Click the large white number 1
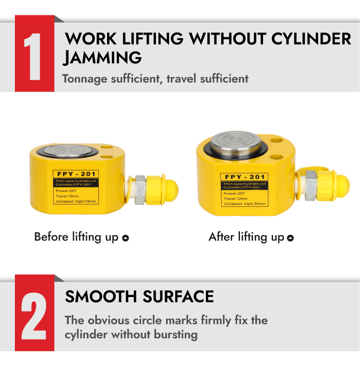pyautogui.click(x=33, y=57)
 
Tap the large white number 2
pyautogui.click(x=34, y=316)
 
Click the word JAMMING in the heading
pyautogui.click(x=102, y=58)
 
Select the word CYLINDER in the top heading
pyautogui.click(x=311, y=39)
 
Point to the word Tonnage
pyautogui.click(x=84, y=79)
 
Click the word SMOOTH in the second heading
pyautogui.click(x=101, y=297)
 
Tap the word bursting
pyautogui.click(x=176, y=335)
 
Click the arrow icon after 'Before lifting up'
pyautogui.click(x=126, y=238)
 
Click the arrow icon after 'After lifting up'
pyautogui.click(x=290, y=238)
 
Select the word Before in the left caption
pyautogui.click(x=51, y=237)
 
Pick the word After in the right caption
pyautogui.click(x=221, y=237)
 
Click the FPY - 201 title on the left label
pyautogui.click(x=76, y=174)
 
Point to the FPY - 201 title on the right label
pyautogui.click(x=245, y=177)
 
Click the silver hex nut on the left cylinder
pyautogui.click(x=140, y=190)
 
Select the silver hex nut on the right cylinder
pyautogui.click(x=311, y=186)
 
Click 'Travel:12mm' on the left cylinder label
pyautogui.click(x=67, y=196)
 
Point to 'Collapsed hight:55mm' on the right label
pyautogui.click(x=245, y=203)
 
